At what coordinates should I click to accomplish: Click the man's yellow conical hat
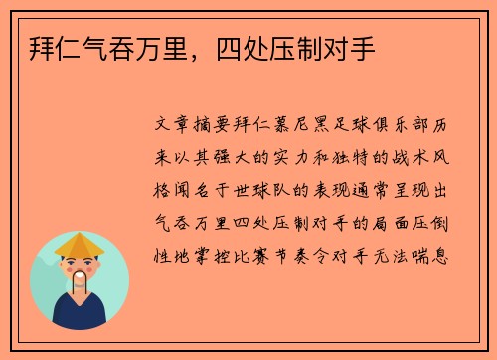[x=80, y=245]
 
